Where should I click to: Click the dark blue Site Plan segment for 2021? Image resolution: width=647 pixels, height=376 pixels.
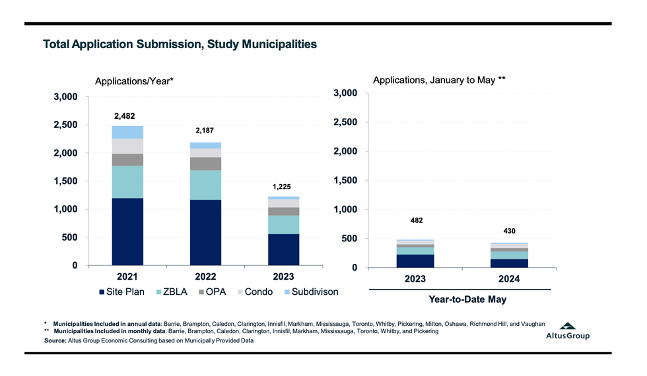127,231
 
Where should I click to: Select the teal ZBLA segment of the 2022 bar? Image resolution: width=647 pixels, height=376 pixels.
205,185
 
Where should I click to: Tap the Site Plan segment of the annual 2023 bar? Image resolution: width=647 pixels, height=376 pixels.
283,249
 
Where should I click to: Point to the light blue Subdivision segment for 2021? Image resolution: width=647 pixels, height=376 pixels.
127,132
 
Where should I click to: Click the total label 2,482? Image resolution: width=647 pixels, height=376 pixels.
124,115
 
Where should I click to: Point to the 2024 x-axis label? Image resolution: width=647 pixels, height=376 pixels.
509,279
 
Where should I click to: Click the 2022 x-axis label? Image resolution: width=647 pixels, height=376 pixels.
205,276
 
